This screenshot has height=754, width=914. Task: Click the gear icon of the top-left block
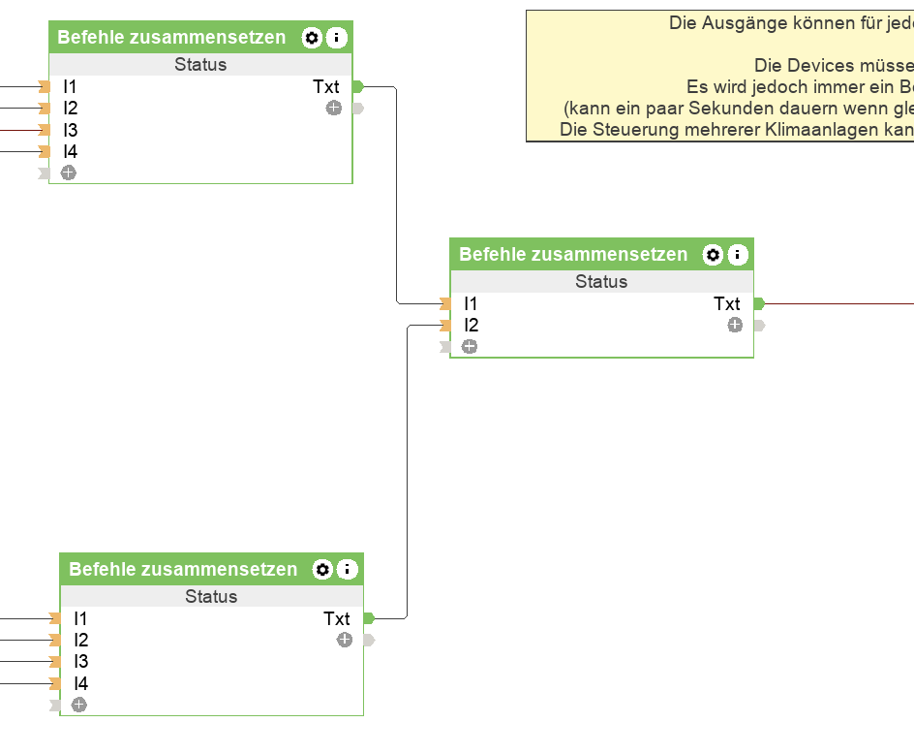coord(312,38)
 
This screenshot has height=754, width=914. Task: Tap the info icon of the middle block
coord(738,255)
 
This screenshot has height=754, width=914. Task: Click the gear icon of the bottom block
coord(323,570)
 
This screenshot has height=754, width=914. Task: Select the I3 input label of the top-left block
coord(71,130)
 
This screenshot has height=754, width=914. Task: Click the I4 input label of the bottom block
coord(81,683)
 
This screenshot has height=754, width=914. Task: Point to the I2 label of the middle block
coord(472,326)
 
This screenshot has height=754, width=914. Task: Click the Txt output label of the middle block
coord(727,304)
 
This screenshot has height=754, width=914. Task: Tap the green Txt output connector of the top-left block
coord(357,87)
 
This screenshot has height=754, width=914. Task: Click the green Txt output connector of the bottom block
coord(368,618)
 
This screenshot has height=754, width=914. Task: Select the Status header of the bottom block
coord(211,597)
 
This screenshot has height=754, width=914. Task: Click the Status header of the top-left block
coord(200,65)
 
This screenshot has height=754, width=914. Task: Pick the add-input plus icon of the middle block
coord(470,347)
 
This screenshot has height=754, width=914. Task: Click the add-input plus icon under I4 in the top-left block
coord(69,173)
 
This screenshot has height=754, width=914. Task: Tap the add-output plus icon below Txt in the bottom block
coord(345,641)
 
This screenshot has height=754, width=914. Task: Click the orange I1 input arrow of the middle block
coord(445,304)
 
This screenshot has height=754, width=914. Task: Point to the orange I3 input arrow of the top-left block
coord(44,130)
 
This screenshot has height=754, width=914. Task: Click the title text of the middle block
coord(573,255)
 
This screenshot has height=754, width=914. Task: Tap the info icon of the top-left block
coord(336,38)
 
